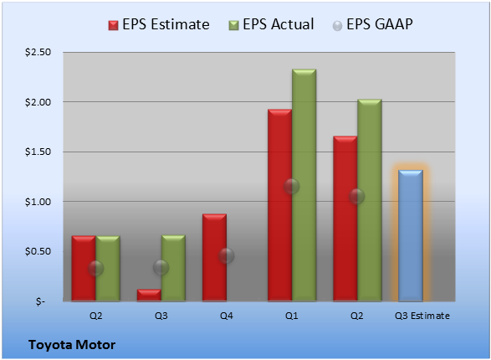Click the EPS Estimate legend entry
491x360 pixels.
(159, 24)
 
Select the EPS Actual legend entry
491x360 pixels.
(271, 24)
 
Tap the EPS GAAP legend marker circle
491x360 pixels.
(337, 26)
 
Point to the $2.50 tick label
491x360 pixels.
(38, 52)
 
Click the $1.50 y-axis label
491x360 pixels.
(38, 152)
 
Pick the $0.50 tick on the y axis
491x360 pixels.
(38, 251)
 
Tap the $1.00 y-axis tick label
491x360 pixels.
(38, 202)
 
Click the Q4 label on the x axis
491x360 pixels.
(227, 316)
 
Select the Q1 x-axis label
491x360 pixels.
(292, 316)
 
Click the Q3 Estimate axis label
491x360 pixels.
(422, 316)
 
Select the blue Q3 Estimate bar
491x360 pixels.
(411, 235)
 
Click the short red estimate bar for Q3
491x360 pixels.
(149, 296)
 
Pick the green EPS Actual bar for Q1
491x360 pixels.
(304, 185)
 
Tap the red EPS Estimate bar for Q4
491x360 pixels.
(214, 258)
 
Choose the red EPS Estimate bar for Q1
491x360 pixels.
(279, 205)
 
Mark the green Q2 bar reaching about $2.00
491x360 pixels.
(370, 200)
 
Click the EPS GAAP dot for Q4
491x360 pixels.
(227, 256)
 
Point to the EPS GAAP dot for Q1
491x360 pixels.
(292, 187)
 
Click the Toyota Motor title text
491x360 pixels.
(72, 345)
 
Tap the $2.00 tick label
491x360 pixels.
(38, 102)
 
